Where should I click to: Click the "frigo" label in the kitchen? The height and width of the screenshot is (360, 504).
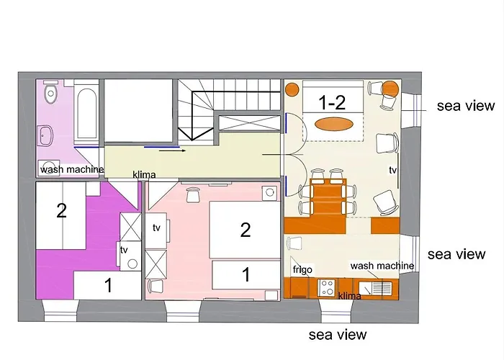click(x=302, y=270)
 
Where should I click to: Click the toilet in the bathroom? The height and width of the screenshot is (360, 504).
click(x=49, y=94)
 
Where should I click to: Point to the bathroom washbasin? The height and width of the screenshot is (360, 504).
click(x=48, y=134)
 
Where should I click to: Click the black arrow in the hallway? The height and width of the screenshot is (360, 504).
click(x=171, y=151)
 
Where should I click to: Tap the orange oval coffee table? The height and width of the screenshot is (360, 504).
click(x=336, y=123)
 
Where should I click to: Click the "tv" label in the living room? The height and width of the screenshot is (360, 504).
click(x=392, y=171)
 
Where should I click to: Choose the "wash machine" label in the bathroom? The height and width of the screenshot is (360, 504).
click(x=72, y=170)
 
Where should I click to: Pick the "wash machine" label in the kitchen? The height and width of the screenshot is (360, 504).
click(x=382, y=266)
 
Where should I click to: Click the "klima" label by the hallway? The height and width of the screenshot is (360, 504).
click(x=145, y=174)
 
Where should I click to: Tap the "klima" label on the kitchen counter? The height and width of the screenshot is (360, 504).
click(x=349, y=296)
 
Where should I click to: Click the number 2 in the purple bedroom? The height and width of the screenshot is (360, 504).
click(x=61, y=211)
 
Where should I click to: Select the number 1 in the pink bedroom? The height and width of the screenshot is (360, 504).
click(x=246, y=274)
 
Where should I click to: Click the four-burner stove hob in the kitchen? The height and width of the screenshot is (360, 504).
click(x=326, y=288)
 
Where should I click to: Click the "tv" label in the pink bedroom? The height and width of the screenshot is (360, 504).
click(x=156, y=228)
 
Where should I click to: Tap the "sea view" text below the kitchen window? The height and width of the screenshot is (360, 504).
click(x=338, y=334)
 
